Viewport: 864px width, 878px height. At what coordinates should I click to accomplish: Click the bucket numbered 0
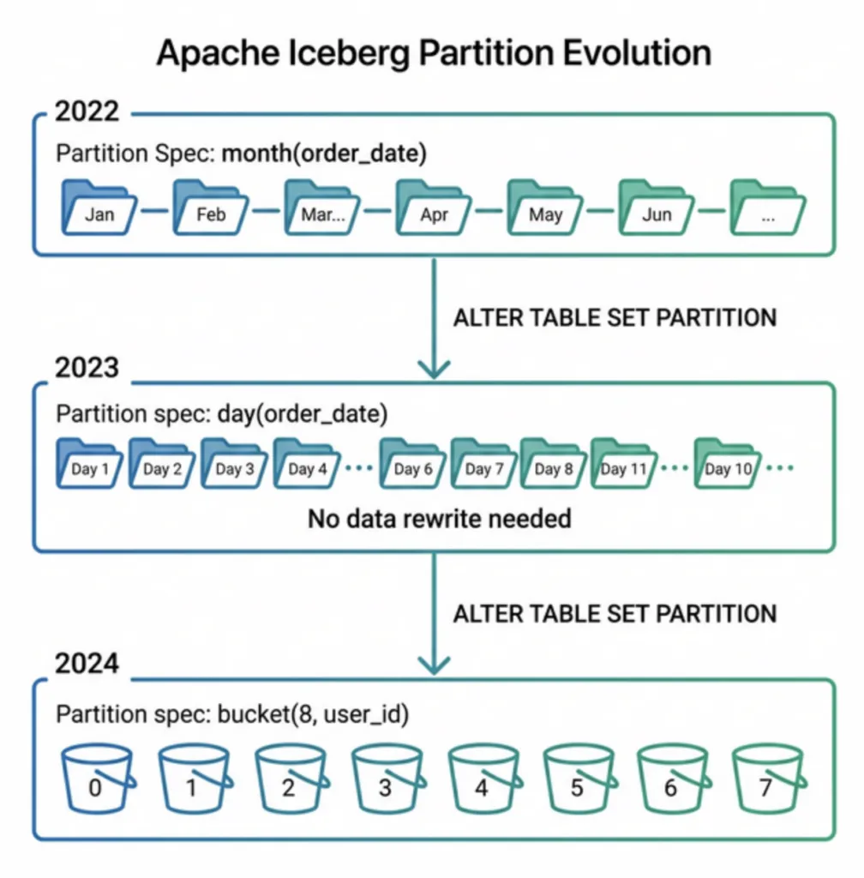tap(96, 780)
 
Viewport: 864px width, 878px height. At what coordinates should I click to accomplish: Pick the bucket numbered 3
tap(386, 780)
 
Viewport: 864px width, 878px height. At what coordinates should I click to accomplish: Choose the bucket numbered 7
tap(766, 780)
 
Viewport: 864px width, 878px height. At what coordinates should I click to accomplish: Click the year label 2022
tap(87, 112)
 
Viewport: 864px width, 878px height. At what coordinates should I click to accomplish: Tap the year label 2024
tap(87, 665)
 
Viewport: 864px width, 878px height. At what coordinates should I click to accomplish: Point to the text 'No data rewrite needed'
tap(439, 518)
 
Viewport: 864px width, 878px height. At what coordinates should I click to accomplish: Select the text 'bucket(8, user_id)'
tap(314, 714)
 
